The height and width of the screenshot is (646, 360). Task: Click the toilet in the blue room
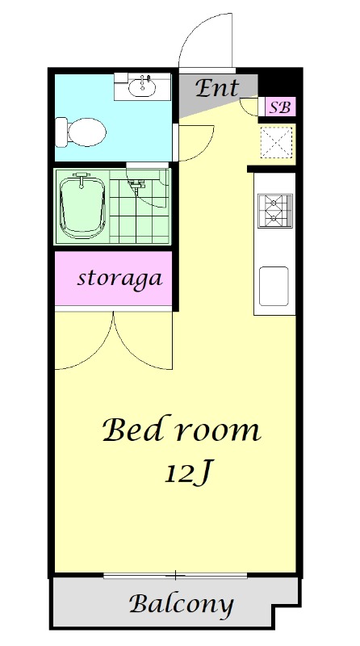point(82,132)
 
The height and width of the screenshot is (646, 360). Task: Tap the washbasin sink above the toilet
point(142,86)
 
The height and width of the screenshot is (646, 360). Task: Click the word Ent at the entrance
point(217,88)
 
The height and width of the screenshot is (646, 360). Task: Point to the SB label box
point(280,107)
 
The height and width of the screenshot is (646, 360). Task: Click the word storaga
point(119,279)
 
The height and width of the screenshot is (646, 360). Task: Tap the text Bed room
point(182,430)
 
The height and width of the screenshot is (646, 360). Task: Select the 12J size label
point(188,474)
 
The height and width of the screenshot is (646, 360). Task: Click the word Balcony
point(182,605)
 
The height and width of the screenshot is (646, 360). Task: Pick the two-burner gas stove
point(275,211)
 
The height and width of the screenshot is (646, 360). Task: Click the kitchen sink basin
point(274,286)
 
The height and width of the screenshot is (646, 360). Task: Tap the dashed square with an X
point(277,142)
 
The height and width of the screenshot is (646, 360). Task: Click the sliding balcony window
point(175,575)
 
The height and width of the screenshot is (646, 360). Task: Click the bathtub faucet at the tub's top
point(82,178)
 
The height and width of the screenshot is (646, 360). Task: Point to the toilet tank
point(61,132)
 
